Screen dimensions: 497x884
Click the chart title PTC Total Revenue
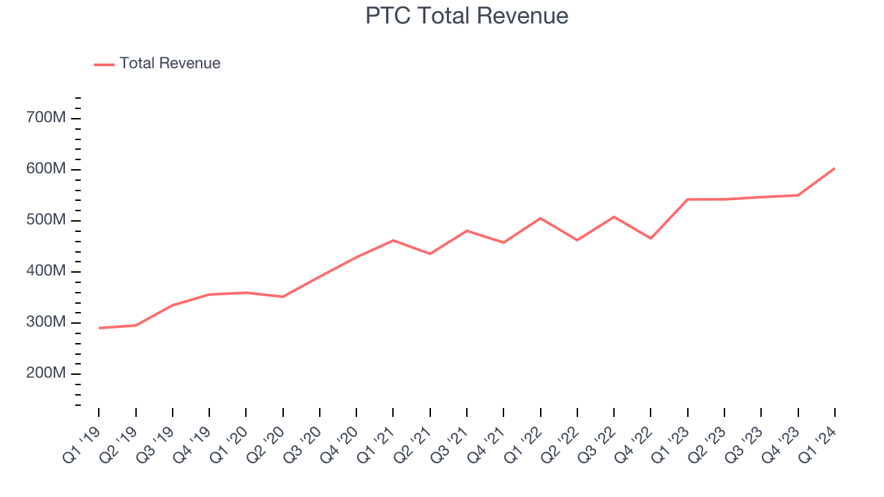(x=467, y=16)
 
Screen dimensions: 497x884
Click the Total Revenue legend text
(x=170, y=64)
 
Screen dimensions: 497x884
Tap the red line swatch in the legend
(x=104, y=64)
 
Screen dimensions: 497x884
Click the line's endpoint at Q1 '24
(x=834, y=168)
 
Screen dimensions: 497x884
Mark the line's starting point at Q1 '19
(x=99, y=328)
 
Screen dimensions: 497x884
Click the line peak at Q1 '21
(x=393, y=240)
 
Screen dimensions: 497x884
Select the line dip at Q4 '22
(x=651, y=238)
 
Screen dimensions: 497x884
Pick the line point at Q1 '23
(x=688, y=199)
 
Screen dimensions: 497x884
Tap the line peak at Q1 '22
(x=540, y=218)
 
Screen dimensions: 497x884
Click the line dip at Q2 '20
(x=282, y=297)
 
